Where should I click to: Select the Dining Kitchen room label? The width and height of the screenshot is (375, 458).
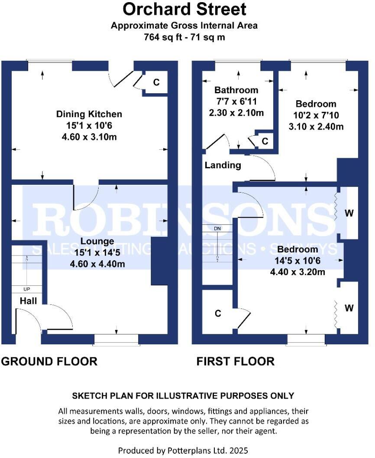coord(89,114)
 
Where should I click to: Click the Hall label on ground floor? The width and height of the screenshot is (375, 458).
coord(28,301)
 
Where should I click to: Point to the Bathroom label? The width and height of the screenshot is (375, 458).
coord(236,90)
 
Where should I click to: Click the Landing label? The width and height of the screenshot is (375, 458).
coord(223,165)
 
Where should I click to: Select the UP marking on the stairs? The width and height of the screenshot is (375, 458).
coord(26,289)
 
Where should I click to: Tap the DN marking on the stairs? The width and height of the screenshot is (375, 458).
coord(217,228)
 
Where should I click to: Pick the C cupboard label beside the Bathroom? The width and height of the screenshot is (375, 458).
coord(265,141)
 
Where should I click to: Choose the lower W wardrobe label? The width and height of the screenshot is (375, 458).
coord(349,308)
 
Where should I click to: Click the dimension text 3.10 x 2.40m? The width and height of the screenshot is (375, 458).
coord(316,127)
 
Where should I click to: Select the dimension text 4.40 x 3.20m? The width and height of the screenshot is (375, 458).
coord(298,272)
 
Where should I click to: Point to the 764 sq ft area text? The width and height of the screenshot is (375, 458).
coord(184,37)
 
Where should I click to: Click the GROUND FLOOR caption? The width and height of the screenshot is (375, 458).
coord(49,361)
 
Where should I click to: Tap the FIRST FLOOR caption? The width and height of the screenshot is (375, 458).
coord(236,361)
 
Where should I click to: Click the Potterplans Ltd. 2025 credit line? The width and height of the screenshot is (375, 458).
coord(183,451)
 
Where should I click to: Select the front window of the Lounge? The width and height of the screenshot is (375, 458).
coord(116,340)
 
